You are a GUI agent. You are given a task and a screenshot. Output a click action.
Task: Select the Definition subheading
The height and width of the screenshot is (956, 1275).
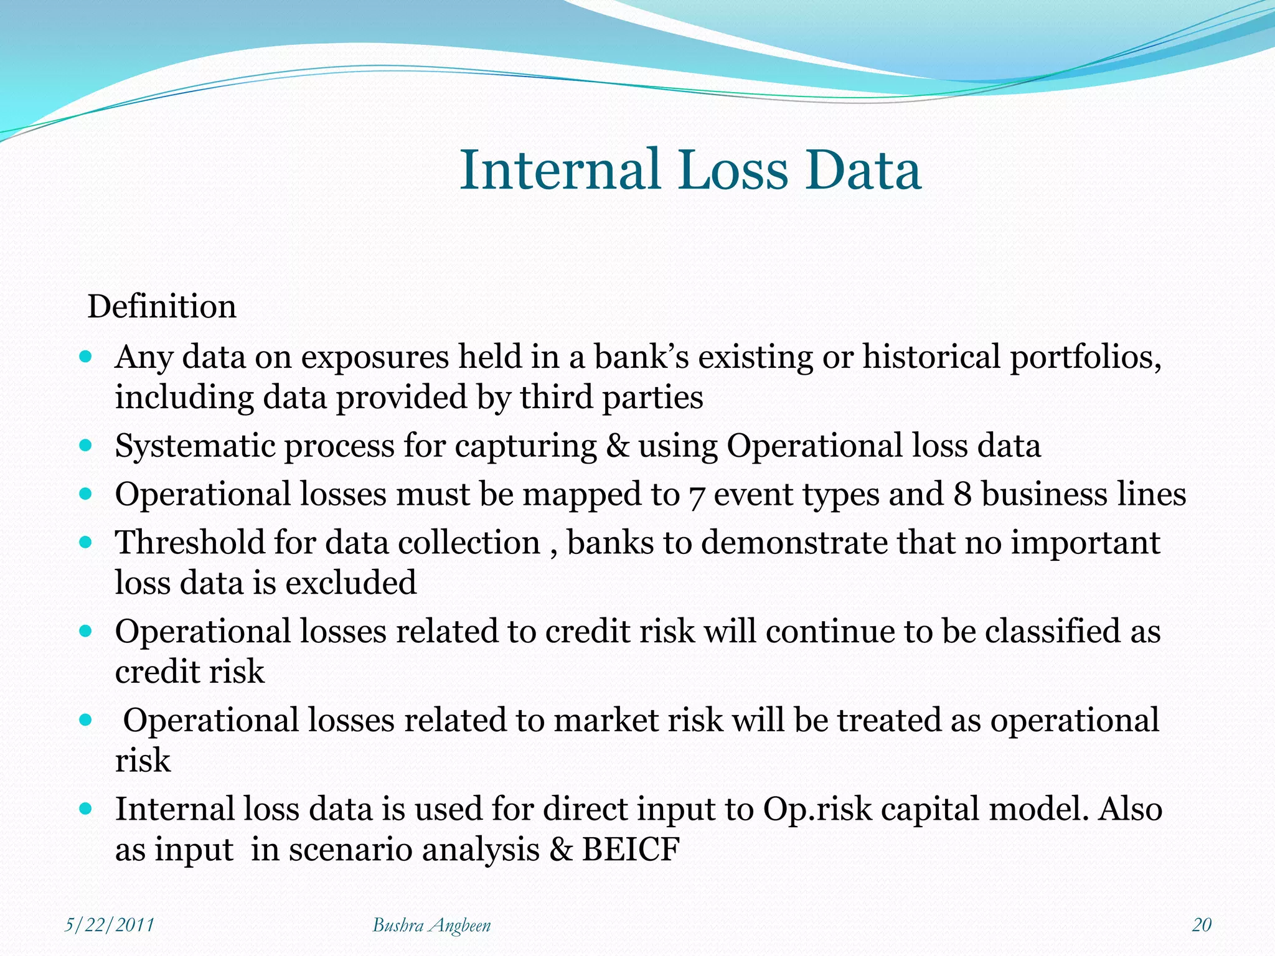pyautogui.click(x=162, y=306)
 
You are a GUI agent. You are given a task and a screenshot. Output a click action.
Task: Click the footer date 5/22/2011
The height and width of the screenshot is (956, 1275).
pyautogui.click(x=110, y=924)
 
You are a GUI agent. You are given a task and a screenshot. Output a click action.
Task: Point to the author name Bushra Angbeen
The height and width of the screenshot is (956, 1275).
pyautogui.click(x=431, y=925)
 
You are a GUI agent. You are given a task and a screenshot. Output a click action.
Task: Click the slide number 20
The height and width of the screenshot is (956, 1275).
pyautogui.click(x=1202, y=924)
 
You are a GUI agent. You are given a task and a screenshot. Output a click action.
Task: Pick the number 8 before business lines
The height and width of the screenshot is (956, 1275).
pyautogui.click(x=962, y=495)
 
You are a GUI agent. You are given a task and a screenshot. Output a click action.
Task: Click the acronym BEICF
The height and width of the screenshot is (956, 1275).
pyautogui.click(x=630, y=850)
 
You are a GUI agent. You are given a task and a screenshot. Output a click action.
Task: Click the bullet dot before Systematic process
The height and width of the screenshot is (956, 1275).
pyautogui.click(x=87, y=446)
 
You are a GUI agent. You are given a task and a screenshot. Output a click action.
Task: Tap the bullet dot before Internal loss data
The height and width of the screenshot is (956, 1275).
pyautogui.click(x=87, y=808)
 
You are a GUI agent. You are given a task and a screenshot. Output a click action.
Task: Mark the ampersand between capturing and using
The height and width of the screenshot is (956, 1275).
pyautogui.click(x=617, y=446)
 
